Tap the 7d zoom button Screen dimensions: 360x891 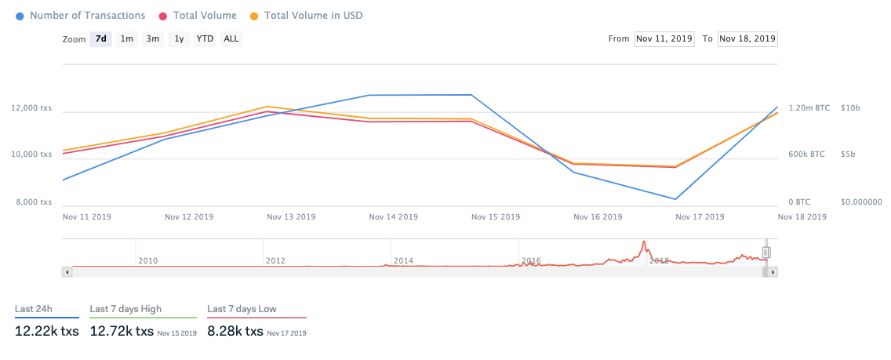pyautogui.click(x=100, y=38)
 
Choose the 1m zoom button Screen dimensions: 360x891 pyautogui.click(x=127, y=38)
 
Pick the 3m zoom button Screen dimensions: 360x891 pyautogui.click(x=153, y=38)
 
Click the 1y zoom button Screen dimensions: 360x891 pyautogui.click(x=179, y=38)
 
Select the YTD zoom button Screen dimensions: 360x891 pyautogui.click(x=205, y=38)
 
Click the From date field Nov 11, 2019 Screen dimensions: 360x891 pyautogui.click(x=664, y=38)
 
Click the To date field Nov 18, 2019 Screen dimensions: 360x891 pyautogui.click(x=747, y=38)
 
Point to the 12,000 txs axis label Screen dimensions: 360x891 pyautogui.click(x=32, y=108)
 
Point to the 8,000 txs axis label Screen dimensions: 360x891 pyautogui.click(x=34, y=202)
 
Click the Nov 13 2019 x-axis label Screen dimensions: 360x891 pyautogui.click(x=291, y=216)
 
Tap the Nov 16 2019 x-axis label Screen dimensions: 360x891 pyautogui.click(x=597, y=216)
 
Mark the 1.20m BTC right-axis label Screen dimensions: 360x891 pyautogui.click(x=809, y=108)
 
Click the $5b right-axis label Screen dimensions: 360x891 pyautogui.click(x=847, y=155)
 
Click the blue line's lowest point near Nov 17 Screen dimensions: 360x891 pyautogui.click(x=675, y=199)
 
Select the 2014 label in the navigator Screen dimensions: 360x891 pyautogui.click(x=403, y=260)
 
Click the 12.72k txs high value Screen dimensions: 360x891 pyautogui.click(x=122, y=332)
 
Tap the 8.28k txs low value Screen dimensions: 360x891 pyautogui.click(x=235, y=332)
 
